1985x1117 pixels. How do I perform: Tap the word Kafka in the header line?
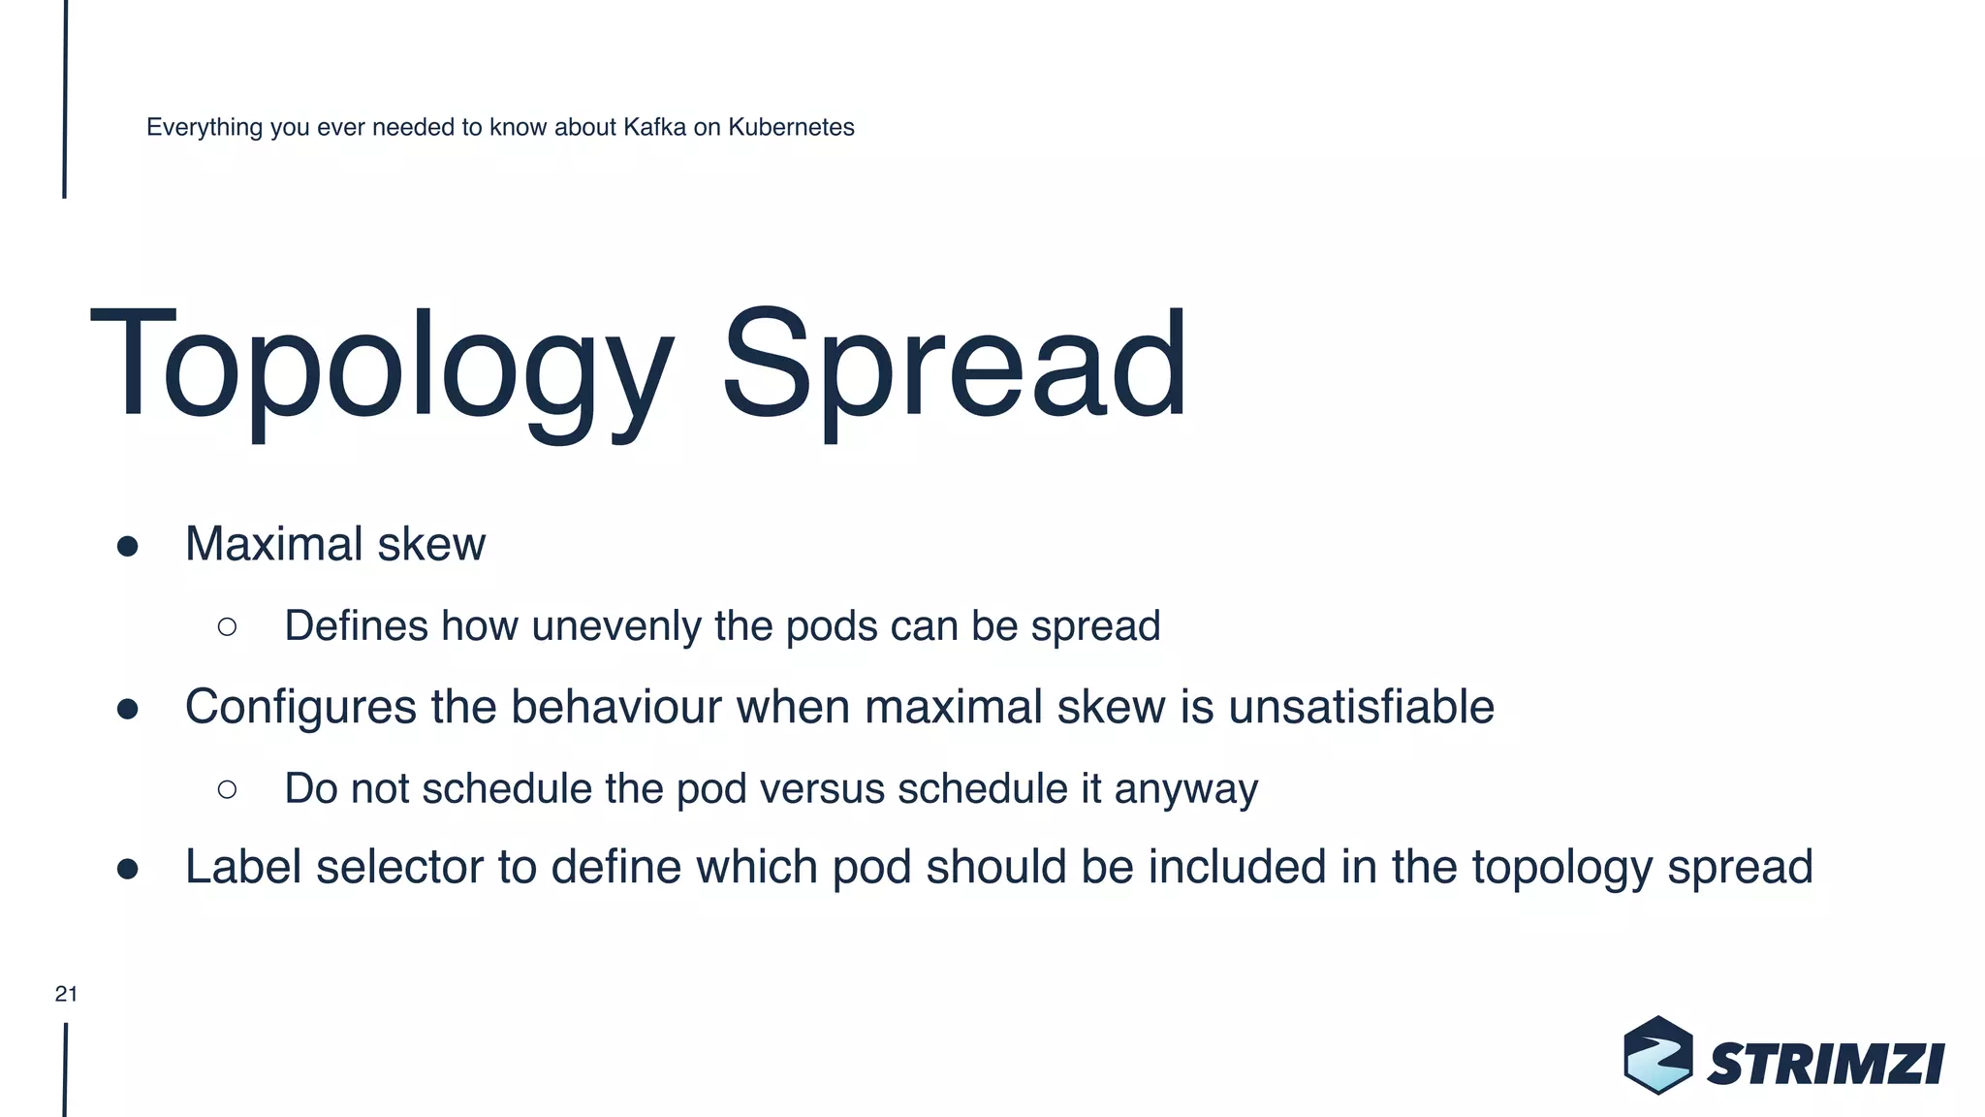point(654,127)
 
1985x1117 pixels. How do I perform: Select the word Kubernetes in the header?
point(791,127)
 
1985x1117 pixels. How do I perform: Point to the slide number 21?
point(66,994)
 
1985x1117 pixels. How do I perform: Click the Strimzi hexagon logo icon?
point(1657,1055)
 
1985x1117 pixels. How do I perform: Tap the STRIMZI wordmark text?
point(1825,1065)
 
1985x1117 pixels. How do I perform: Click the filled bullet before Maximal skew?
point(127,546)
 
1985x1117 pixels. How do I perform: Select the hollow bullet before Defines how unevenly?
point(227,627)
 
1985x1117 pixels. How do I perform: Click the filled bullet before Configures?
point(127,709)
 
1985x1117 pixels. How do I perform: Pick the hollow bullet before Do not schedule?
point(227,789)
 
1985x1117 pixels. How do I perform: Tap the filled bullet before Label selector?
point(127,869)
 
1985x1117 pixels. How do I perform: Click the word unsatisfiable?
point(1361,707)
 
